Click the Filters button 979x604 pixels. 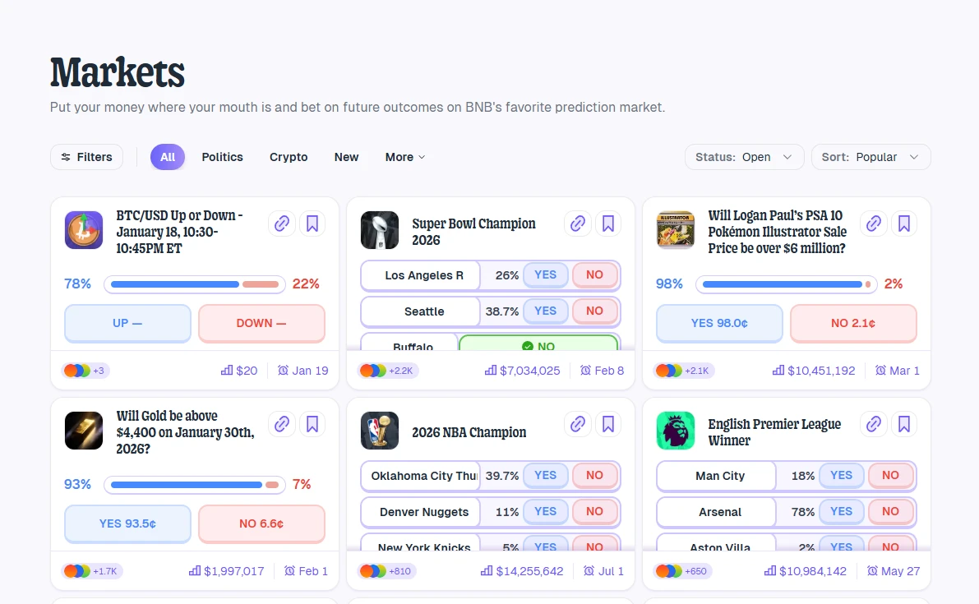pyautogui.click(x=86, y=157)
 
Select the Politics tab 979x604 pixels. pyautogui.click(x=222, y=157)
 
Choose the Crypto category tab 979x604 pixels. pyautogui.click(x=289, y=157)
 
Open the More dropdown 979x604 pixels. pyautogui.click(x=405, y=157)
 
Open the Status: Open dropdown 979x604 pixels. pyautogui.click(x=744, y=157)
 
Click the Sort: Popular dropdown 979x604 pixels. pyautogui.click(x=870, y=157)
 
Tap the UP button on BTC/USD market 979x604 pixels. pyautogui.click(x=127, y=323)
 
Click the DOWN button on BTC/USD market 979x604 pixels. pyautogui.click(x=261, y=323)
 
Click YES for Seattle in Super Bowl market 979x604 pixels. pyautogui.click(x=546, y=311)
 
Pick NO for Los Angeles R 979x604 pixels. pyautogui.click(x=594, y=275)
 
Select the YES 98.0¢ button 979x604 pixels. pyautogui.click(x=719, y=323)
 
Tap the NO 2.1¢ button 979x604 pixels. pyautogui.click(x=852, y=323)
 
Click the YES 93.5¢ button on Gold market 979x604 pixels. pyautogui.click(x=127, y=523)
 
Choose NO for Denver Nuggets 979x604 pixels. pyautogui.click(x=594, y=511)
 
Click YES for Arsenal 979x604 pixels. pyautogui.click(x=841, y=511)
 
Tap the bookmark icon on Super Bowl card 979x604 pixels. pyautogui.click(x=608, y=224)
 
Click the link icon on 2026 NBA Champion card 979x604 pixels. pyautogui.click(x=578, y=424)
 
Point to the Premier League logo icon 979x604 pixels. pyautogui.click(x=676, y=431)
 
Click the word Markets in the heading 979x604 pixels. pyautogui.click(x=118, y=72)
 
